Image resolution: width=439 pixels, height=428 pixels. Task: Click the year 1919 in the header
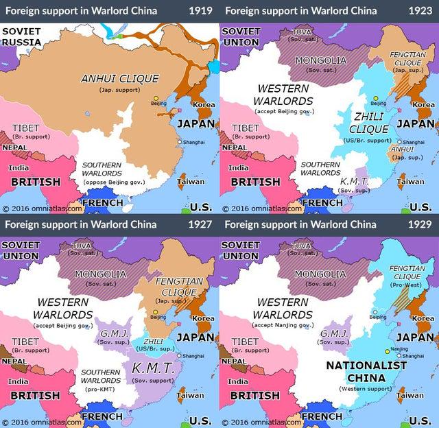coord(200,10)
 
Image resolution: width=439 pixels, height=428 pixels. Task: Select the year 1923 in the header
coord(420,10)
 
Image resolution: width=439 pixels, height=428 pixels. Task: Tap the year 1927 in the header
coord(200,224)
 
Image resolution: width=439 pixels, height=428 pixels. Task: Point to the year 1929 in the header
coord(420,224)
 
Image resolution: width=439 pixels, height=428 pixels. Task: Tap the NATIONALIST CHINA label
coord(366,371)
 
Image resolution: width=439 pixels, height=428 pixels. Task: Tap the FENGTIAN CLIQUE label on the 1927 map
coord(176,286)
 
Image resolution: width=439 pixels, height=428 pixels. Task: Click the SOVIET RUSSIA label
coord(21,36)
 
